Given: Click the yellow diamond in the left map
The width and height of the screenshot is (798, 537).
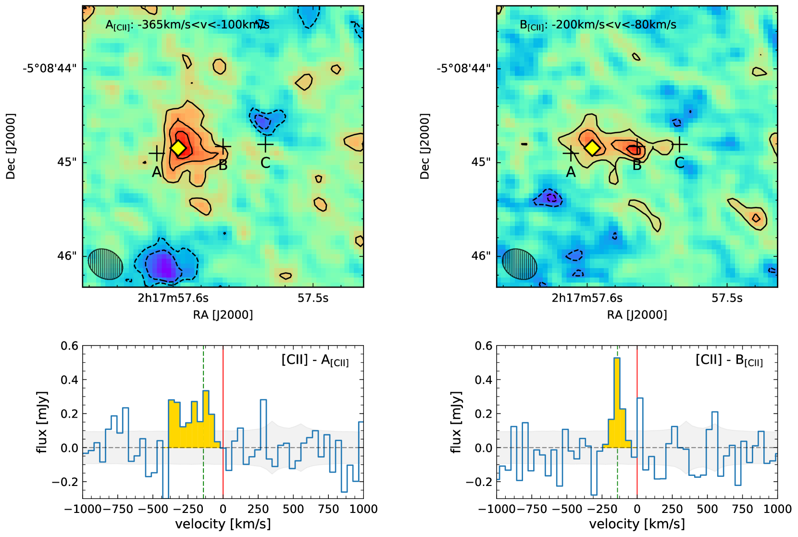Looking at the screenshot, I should click(x=178, y=148).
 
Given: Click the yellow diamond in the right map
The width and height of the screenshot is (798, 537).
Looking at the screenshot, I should click(x=592, y=148).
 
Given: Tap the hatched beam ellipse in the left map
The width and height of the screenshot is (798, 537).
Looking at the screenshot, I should click(x=106, y=264).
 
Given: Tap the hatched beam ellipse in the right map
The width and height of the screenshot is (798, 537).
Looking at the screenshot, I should click(x=520, y=264).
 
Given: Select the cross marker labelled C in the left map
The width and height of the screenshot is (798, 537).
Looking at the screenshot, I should click(x=265, y=144).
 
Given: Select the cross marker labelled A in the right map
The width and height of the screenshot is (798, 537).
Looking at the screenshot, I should click(x=571, y=153).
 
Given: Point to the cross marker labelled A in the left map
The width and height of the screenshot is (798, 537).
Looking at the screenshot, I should click(x=157, y=153).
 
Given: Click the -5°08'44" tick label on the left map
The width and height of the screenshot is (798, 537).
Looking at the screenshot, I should click(x=50, y=68).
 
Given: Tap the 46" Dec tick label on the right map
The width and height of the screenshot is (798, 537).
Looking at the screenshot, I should click(x=480, y=256).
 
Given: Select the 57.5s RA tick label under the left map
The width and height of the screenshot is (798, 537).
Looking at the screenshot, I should click(x=313, y=298).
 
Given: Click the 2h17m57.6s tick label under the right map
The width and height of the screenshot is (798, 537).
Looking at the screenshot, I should click(x=587, y=298).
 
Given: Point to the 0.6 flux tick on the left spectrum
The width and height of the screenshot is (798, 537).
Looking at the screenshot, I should click(x=69, y=346).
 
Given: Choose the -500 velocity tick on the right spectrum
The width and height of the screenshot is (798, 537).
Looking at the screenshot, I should click(x=567, y=509).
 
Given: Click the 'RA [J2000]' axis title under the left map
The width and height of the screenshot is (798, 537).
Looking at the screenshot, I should click(x=223, y=315).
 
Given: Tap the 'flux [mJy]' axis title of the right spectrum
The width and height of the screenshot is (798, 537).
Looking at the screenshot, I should click(x=456, y=422).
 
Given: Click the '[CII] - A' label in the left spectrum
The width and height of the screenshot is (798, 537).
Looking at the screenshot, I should click(x=315, y=360).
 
